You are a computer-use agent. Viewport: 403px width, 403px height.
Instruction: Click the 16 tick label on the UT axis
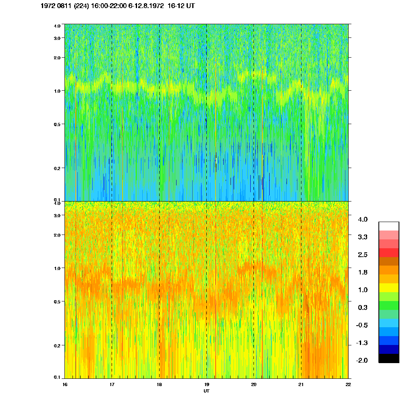tap(65, 384)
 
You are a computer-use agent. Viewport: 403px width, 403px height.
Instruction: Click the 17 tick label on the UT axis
tap(112, 384)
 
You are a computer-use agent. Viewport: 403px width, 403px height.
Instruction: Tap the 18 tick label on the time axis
tap(159, 384)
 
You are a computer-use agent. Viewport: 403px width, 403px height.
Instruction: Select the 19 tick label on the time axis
tap(206, 384)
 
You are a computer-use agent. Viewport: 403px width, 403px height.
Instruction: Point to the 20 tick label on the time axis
tap(253, 384)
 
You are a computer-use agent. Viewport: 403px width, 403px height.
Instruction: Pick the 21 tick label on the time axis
tap(301, 384)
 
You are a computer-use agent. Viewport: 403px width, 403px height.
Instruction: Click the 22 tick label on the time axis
tap(348, 384)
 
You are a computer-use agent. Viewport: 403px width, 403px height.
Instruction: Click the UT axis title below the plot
tap(206, 391)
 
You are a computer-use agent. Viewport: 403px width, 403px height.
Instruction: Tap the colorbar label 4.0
tap(363, 220)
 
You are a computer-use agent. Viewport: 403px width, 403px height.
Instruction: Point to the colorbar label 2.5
tap(363, 255)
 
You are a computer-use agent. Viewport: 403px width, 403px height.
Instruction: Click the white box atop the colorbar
tap(388, 226)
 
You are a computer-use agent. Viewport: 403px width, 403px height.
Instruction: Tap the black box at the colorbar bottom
tap(388, 358)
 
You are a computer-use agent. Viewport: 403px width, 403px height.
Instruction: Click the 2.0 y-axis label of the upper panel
tap(57, 58)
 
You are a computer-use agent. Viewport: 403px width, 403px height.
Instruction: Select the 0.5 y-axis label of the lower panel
tap(57, 301)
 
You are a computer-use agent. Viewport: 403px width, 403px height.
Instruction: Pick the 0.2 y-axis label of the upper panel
tap(57, 168)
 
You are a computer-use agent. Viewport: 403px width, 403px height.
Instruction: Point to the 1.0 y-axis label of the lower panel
tap(57, 268)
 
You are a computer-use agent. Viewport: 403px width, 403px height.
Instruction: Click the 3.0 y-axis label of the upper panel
tap(57, 38)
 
